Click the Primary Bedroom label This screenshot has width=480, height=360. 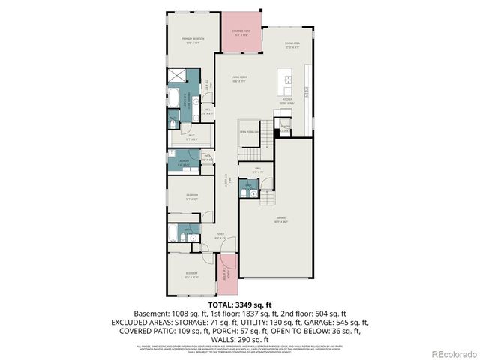(193, 40)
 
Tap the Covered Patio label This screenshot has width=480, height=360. (241, 32)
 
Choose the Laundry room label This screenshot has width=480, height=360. (183, 162)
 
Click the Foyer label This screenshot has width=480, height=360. (220, 236)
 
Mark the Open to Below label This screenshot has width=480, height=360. (250, 131)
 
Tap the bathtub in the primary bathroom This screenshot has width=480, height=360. (173, 97)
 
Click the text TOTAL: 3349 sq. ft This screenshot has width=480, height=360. (239, 303)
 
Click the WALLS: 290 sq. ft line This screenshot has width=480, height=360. (239, 339)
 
